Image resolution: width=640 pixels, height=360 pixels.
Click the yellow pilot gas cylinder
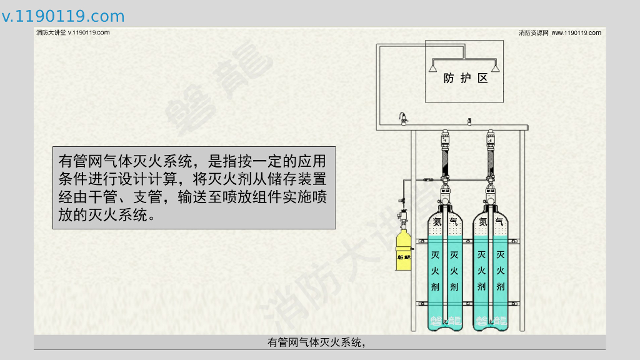coord(403,250)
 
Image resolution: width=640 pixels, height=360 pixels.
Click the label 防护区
coord(464,79)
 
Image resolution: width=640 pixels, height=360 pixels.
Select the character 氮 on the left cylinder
coord(436,221)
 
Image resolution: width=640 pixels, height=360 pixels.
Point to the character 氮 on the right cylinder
coord(482,221)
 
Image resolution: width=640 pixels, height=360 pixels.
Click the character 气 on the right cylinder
coord(499,221)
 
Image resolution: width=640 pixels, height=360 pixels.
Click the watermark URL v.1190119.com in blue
coord(63,16)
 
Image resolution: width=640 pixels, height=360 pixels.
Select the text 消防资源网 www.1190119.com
coord(559,32)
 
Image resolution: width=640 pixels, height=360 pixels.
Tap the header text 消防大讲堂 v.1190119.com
coord(73,32)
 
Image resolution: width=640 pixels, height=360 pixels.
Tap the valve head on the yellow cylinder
coord(402,220)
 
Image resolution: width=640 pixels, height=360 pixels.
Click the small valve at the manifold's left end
coord(404,118)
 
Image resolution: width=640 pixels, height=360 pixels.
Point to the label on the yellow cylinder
coord(403,256)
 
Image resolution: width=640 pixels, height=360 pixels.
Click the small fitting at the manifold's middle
coord(469,121)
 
